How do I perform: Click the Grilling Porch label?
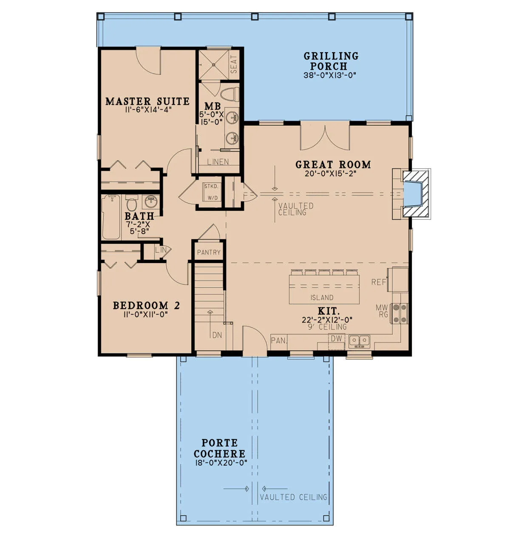[331, 61]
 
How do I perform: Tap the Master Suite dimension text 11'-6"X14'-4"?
[148, 110]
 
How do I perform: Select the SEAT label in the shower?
[233, 65]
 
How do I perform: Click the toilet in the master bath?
[229, 94]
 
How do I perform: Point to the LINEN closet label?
[218, 162]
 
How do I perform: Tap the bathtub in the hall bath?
[111, 217]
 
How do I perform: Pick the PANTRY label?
[209, 252]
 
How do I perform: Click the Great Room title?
[333, 164]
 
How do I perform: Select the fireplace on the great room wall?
[411, 194]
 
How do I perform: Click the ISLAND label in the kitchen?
[322, 297]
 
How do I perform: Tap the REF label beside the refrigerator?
[379, 282]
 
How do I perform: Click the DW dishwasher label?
[336, 339]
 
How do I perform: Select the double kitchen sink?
[360, 342]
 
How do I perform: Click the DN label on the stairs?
[217, 335]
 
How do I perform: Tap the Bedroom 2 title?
[147, 306]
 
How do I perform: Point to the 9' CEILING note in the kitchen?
[327, 326]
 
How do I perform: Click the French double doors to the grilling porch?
[325, 136]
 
